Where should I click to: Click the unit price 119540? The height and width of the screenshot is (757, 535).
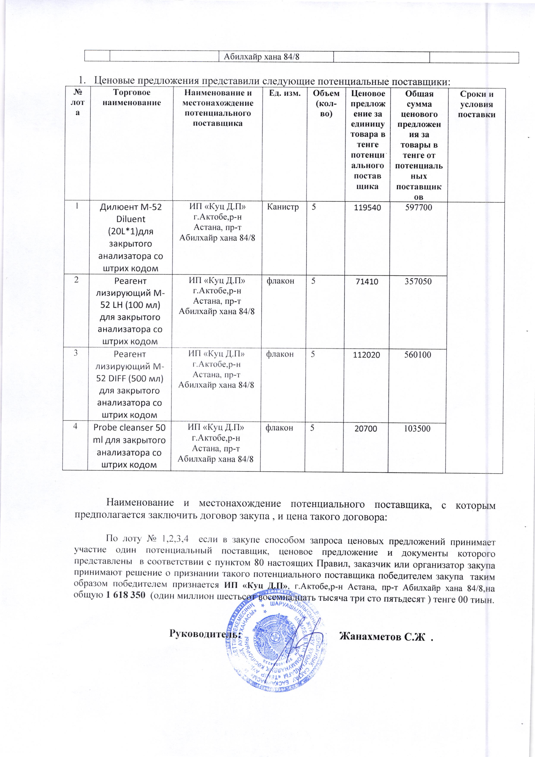(367, 208)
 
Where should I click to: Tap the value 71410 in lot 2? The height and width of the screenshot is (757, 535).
(366, 281)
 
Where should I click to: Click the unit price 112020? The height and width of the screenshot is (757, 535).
(366, 355)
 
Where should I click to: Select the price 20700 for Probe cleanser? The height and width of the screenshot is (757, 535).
(366, 429)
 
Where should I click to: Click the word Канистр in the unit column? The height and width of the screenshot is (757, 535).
(284, 207)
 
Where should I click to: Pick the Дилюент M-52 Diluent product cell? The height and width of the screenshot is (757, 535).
(131, 237)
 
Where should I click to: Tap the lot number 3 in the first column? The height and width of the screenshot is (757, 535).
(76, 353)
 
